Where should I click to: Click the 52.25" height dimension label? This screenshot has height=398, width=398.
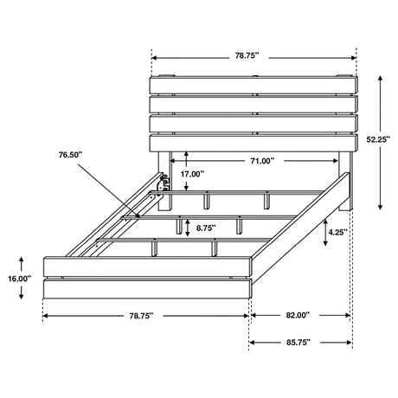(x=378, y=139)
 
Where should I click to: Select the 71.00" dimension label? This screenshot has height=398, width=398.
(x=262, y=161)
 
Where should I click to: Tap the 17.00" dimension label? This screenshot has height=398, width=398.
(x=192, y=174)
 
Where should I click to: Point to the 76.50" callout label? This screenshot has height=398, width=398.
(x=71, y=155)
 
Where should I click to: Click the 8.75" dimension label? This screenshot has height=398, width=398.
(x=206, y=228)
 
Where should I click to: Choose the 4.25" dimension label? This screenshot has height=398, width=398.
(x=337, y=232)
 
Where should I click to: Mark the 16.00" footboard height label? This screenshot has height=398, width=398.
(x=19, y=279)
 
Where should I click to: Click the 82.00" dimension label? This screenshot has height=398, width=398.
(x=298, y=315)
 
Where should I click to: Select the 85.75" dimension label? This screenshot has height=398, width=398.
(x=298, y=343)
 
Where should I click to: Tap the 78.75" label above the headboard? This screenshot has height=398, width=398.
(x=247, y=55)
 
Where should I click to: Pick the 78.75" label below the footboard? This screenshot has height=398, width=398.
(x=141, y=316)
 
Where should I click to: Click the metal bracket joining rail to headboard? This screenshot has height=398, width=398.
(x=164, y=183)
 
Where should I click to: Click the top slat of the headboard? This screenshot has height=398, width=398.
(x=254, y=85)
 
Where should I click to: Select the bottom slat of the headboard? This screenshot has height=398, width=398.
(x=254, y=144)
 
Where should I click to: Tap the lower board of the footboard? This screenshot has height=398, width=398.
(x=147, y=289)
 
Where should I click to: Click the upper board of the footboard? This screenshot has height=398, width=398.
(x=147, y=266)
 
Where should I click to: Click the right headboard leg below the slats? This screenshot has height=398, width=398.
(x=345, y=181)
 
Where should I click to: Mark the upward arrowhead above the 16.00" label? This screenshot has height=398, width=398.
(x=21, y=260)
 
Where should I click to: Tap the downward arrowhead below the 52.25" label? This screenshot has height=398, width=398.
(x=381, y=207)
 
